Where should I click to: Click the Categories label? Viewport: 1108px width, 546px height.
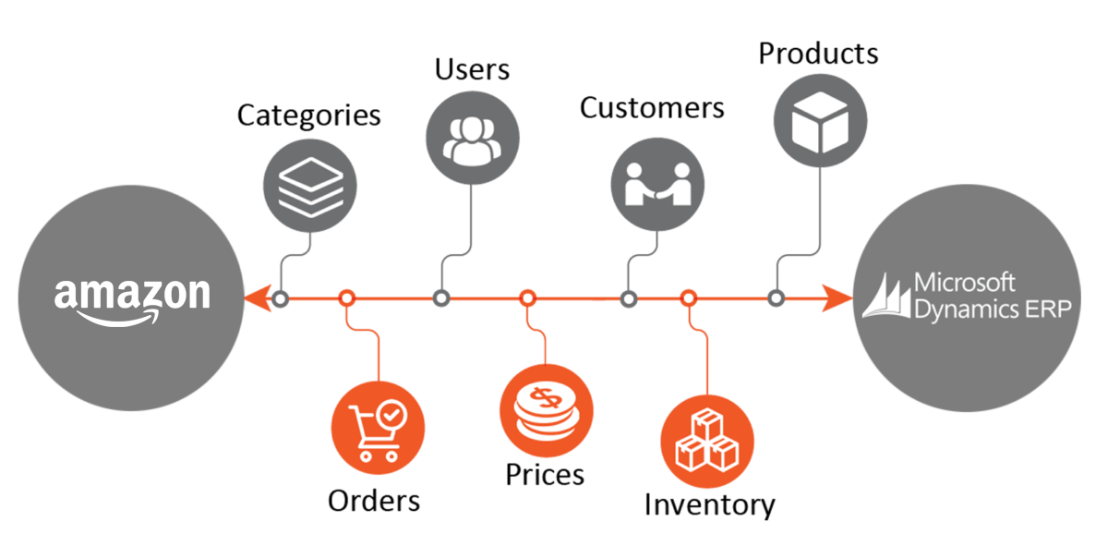(x=308, y=116)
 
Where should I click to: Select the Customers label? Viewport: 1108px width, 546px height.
(x=652, y=108)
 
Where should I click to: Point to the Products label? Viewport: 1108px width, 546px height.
(x=818, y=54)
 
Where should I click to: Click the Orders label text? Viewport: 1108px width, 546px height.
(x=374, y=501)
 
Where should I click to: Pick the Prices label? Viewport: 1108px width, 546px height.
(x=545, y=474)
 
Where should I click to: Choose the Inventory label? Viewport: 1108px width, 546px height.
(x=709, y=504)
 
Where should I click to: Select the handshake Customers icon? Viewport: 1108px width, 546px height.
(x=657, y=183)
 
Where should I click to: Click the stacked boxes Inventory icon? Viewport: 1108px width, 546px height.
(x=707, y=440)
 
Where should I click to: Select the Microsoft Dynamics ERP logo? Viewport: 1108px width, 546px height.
(x=966, y=296)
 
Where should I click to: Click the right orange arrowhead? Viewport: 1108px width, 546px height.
(x=838, y=298)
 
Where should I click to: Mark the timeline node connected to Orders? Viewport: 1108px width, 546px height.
(x=346, y=298)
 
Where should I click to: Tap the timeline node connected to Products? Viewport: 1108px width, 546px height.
(x=776, y=298)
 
